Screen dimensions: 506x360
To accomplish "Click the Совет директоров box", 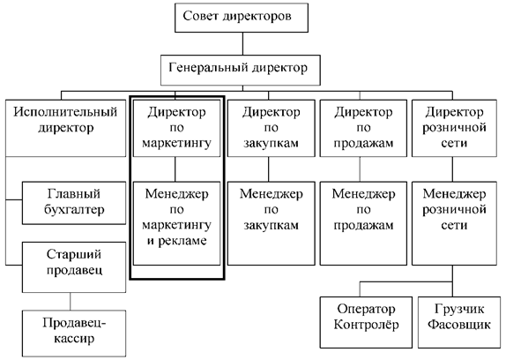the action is tap(242, 18).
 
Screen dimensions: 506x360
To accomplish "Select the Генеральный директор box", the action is tap(241, 70).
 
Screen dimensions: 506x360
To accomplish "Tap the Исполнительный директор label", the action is tap(65, 120).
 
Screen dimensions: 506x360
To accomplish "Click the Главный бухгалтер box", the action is tap(74, 203).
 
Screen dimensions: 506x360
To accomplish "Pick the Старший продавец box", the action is tap(74, 267).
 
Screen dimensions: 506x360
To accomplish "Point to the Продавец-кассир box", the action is tap(74, 334).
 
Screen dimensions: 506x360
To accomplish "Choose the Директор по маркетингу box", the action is tap(176, 128).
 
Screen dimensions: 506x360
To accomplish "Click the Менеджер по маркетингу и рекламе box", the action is tap(176, 223).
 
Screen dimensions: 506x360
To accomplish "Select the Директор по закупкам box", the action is tap(272, 128).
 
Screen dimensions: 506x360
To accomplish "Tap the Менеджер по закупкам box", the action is tap(272, 223).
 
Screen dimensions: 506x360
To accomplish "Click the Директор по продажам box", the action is tap(363, 128).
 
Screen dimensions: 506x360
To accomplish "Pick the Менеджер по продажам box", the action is tap(363, 223).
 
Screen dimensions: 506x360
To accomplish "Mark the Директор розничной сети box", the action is tap(454, 128).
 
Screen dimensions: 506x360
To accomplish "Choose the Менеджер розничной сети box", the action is tap(454, 223).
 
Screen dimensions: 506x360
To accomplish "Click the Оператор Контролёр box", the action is tap(366, 322).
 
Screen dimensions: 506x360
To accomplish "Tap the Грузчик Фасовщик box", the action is tap(459, 322).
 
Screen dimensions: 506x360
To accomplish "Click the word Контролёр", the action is tap(366, 325).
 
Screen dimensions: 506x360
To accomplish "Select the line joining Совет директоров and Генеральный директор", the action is tap(242, 43).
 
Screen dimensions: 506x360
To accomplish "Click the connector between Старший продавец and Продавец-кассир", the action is tap(71, 302).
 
